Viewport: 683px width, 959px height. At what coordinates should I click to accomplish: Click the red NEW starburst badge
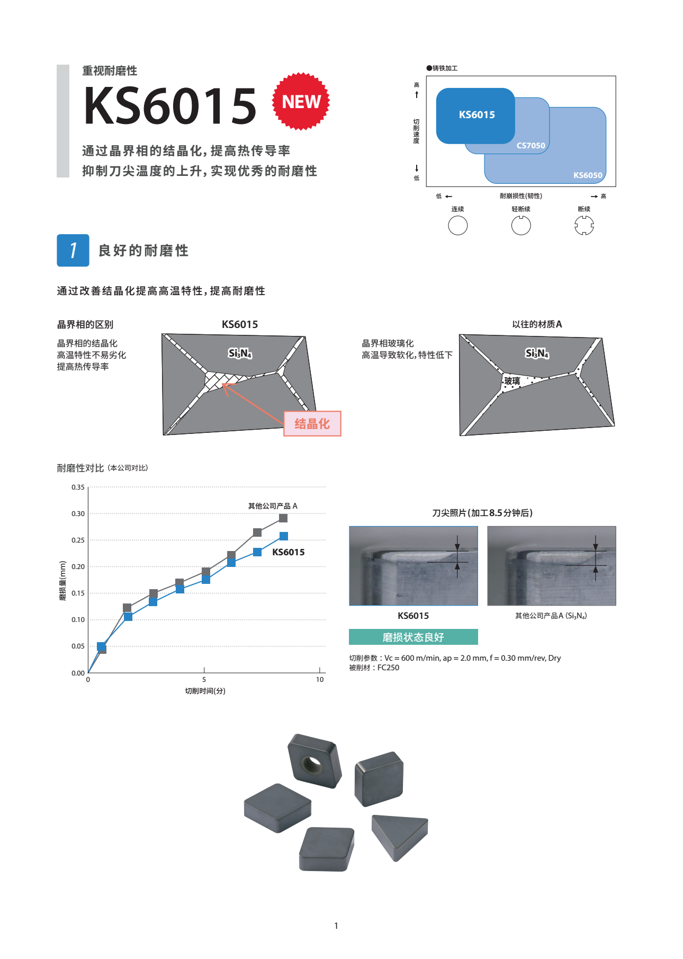(301, 101)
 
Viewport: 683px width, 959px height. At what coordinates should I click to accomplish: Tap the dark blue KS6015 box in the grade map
(475, 116)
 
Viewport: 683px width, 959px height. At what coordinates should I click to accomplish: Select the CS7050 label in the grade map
(531, 146)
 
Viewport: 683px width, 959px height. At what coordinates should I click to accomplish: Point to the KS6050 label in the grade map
(588, 175)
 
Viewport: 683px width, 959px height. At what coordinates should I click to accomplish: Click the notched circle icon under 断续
(584, 226)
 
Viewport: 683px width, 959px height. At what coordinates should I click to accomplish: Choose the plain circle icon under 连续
(457, 226)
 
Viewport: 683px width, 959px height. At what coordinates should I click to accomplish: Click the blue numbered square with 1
(73, 250)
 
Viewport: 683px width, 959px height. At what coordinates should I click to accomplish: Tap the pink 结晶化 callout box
(312, 424)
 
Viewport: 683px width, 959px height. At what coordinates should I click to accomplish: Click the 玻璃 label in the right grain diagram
(512, 381)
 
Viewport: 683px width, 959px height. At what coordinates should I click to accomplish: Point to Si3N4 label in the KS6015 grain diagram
(240, 353)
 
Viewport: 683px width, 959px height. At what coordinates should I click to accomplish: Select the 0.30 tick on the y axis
(78, 513)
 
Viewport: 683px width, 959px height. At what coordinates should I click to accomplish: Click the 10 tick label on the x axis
(320, 679)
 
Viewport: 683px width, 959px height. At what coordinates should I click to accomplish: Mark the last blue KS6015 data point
(284, 536)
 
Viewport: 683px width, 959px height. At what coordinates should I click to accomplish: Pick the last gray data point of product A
(283, 518)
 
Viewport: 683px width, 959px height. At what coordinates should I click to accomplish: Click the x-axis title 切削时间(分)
(205, 691)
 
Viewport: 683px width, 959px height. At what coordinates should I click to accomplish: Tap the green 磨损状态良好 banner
(414, 637)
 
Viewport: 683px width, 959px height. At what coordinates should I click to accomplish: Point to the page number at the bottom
(336, 926)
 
